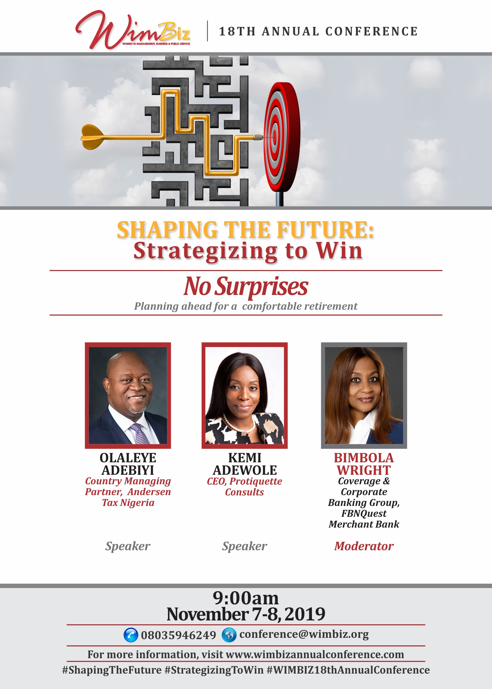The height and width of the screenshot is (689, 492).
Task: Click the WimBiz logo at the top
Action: point(133,30)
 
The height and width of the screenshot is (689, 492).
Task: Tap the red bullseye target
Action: point(282,137)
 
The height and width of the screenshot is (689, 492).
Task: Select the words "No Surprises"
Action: point(246,286)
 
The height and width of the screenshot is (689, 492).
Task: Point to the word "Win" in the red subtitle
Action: point(339,251)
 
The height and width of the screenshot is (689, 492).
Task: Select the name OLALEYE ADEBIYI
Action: point(128,464)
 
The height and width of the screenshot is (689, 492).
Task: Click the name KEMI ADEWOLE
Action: point(245,464)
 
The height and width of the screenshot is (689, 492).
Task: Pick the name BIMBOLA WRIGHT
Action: point(364,464)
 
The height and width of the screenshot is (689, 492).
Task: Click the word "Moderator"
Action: point(364,546)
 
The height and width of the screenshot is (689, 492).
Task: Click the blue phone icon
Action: point(131,635)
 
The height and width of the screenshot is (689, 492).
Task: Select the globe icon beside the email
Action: point(229,635)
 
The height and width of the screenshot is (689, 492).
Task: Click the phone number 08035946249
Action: point(179,635)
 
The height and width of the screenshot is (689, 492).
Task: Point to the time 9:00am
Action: point(246,598)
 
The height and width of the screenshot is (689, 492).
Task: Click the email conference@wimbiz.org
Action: point(304,635)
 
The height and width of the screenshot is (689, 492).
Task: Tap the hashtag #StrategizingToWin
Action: point(214,670)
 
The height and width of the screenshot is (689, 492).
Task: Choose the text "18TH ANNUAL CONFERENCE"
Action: point(318,31)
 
